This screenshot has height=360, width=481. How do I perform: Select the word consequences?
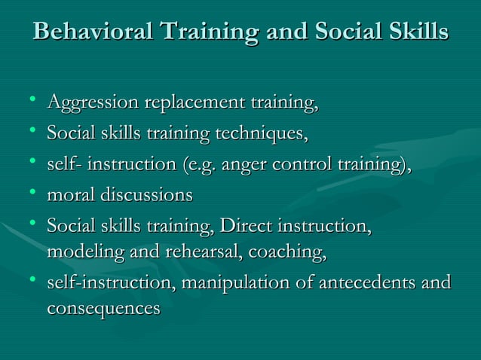(103, 309)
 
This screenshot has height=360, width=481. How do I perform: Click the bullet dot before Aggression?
(29, 100)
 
